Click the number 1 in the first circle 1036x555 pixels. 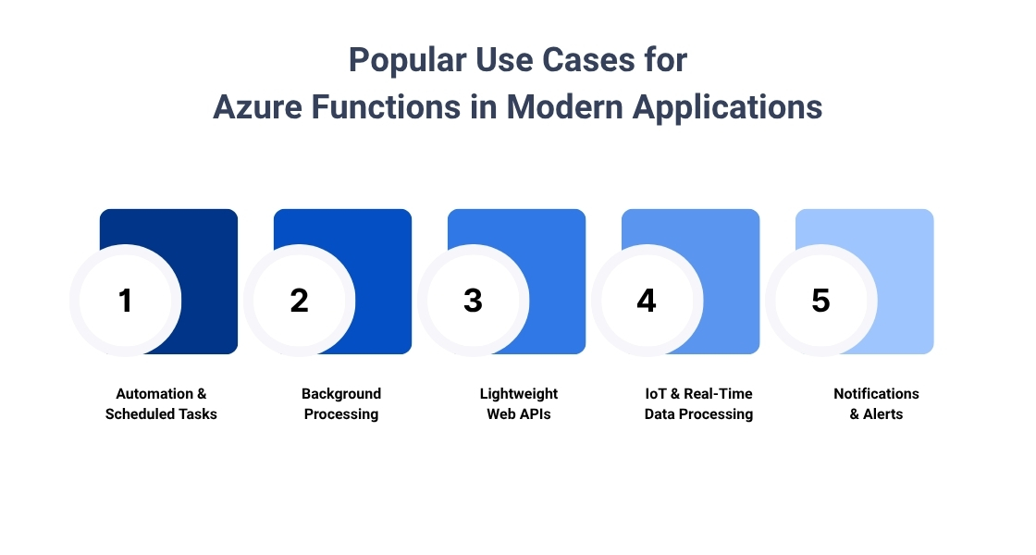(126, 301)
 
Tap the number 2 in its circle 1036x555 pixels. (300, 301)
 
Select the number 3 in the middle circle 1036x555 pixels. (473, 301)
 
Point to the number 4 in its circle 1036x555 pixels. (647, 301)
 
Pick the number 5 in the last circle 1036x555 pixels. (820, 301)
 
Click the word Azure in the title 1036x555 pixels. (258, 107)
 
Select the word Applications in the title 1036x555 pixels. (727, 108)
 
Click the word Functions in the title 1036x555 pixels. (386, 107)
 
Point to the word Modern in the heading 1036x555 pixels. (564, 107)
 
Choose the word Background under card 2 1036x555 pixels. (341, 394)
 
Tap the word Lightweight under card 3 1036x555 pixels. (519, 394)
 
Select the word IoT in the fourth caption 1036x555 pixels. (656, 394)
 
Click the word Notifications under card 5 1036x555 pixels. (876, 394)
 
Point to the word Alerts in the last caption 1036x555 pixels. (882, 414)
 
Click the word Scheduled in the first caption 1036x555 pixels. (133, 414)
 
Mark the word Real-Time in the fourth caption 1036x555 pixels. (718, 394)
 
